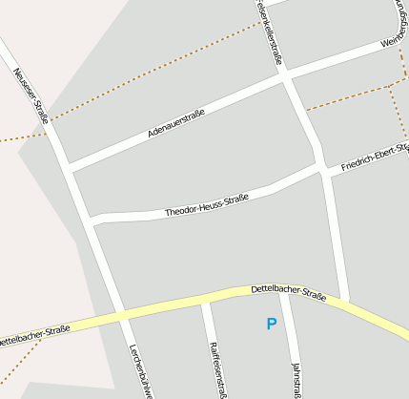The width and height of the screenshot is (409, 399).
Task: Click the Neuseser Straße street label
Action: click(x=31, y=89)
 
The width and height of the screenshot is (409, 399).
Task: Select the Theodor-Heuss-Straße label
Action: click(x=206, y=205)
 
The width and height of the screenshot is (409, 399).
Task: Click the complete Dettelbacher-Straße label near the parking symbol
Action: click(x=288, y=292)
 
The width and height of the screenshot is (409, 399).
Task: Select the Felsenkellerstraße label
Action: click(x=269, y=31)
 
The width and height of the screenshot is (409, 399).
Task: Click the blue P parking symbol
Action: click(x=272, y=325)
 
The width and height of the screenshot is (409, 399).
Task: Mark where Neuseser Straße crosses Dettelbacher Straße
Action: click(x=123, y=314)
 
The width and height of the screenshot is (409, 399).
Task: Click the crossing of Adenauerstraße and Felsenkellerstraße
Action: click(x=286, y=79)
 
